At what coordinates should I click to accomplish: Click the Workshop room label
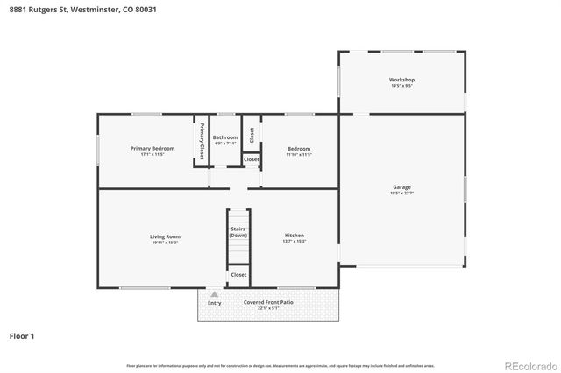point(402,80)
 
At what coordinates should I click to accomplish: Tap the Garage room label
point(402,186)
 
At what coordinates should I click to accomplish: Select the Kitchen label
point(295,236)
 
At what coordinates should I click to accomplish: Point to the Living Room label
point(165,236)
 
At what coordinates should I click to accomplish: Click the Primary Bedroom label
point(153,148)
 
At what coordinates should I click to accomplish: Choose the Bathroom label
point(225,137)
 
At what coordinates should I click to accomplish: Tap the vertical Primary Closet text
point(202,140)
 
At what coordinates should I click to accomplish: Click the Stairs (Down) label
point(238,232)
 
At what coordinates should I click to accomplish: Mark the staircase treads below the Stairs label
point(238,252)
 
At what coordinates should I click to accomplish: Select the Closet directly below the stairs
point(238,275)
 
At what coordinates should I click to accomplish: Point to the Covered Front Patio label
point(268,302)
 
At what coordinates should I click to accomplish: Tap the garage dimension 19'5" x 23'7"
point(402,193)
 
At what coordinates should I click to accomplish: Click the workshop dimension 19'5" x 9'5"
point(402,86)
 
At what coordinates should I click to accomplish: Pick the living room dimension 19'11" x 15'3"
point(165,242)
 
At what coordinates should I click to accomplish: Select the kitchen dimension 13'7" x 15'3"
point(295,242)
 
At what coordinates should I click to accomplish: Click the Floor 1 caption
point(21,335)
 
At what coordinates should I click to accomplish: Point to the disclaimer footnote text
point(280,365)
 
